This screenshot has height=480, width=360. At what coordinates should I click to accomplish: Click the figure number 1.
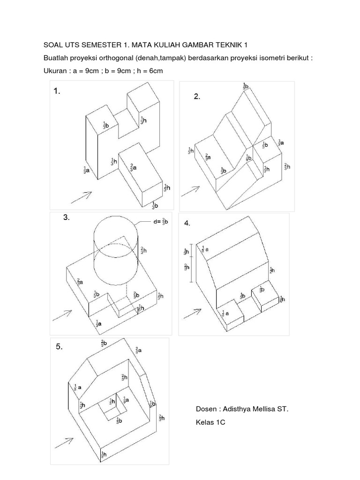coord(57,92)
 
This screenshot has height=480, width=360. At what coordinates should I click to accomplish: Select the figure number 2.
coord(197,97)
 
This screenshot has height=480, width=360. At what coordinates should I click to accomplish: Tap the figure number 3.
coord(67,217)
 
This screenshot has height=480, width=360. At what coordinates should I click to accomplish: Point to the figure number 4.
coord(187,224)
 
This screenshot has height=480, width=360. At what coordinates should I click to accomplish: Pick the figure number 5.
coord(59,347)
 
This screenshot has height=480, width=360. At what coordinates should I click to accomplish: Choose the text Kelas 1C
coord(211,423)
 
